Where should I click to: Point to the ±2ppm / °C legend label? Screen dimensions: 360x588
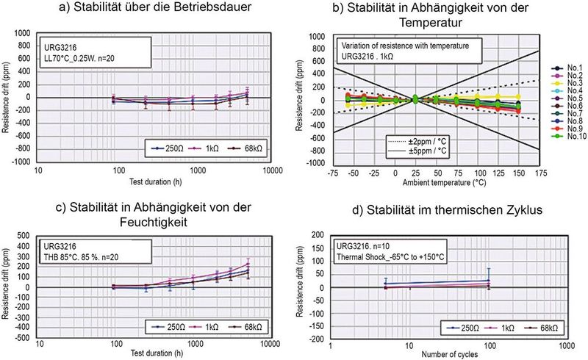coord(417,139)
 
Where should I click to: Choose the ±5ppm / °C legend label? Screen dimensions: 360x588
coord(417,150)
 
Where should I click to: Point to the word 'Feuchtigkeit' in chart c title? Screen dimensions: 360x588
coord(148,220)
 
